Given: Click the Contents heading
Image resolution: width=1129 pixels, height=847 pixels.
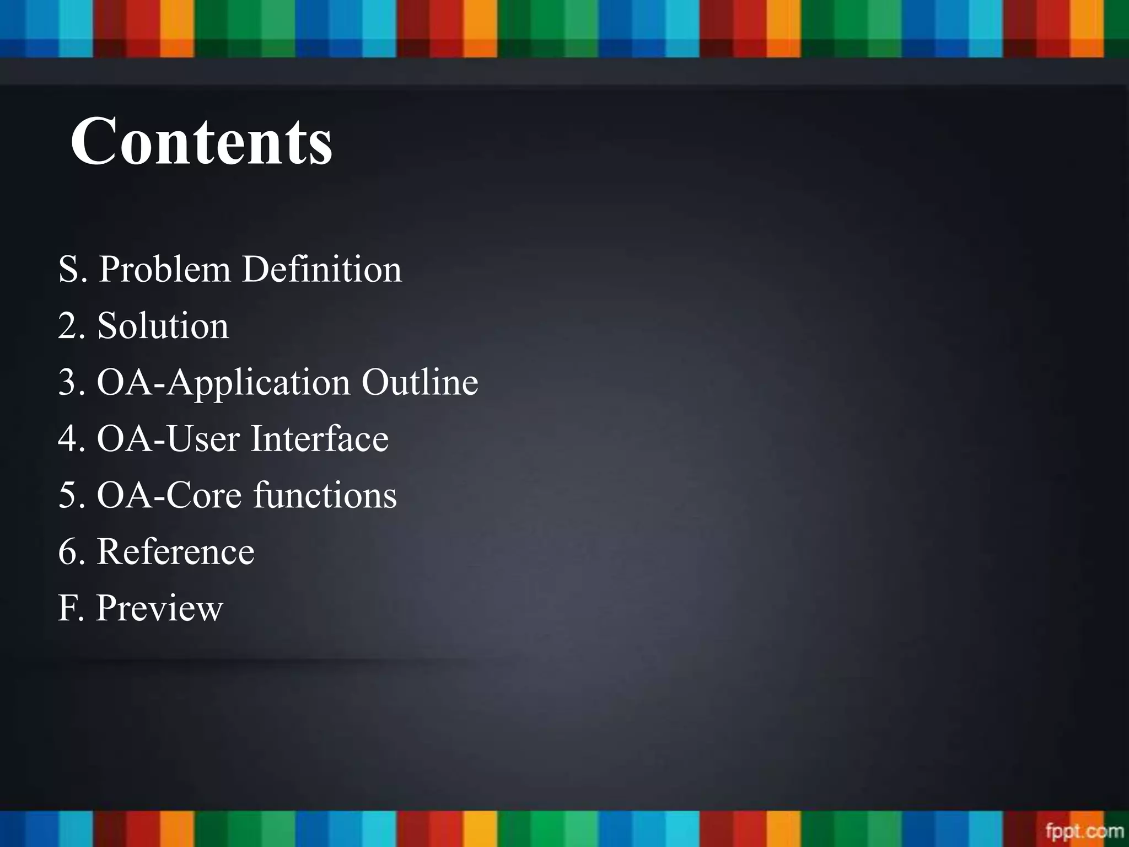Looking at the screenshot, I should coord(202,141).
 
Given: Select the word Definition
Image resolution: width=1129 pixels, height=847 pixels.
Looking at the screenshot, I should coord(322,270).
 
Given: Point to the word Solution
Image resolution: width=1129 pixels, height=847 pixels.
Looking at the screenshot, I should coord(163,325).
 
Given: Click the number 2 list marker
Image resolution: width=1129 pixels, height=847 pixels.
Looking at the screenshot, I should coord(68,326).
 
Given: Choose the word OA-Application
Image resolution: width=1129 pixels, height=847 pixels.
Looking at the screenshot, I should coord(223,383).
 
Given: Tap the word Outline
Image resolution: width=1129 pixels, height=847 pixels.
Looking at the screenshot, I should coord(420,382).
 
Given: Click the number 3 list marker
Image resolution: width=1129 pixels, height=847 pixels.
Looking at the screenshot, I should coord(68,383).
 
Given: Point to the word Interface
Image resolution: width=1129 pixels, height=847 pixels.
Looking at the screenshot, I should coord(320,439).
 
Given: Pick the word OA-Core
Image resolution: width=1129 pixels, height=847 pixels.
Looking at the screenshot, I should coord(169,495).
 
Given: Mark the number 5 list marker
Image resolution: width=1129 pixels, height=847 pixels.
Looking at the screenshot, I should coord(68,495).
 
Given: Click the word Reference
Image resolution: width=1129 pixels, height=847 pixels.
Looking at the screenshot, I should coord(176,551).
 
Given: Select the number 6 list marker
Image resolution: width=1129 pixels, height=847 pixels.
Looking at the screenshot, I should coord(68,551).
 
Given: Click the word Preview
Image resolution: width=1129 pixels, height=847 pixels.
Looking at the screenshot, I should coord(159,608).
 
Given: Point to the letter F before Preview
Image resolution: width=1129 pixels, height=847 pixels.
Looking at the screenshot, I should coord(66,608).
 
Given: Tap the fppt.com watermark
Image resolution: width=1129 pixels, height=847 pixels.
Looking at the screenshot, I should coord(1084,830).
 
